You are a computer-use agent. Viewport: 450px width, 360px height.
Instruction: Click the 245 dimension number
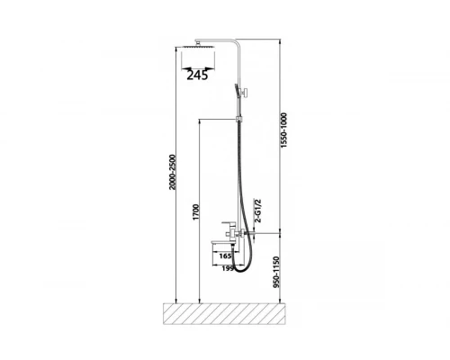click(x=197, y=75)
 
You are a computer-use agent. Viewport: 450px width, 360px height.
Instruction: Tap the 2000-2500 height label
click(x=172, y=172)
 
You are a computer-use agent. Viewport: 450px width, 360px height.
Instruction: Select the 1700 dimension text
click(x=195, y=212)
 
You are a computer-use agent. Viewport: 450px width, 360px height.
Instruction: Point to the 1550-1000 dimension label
click(x=283, y=130)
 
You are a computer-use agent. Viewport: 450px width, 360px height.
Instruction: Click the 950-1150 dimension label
click(x=276, y=272)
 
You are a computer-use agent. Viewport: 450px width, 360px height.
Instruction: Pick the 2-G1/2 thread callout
click(x=257, y=211)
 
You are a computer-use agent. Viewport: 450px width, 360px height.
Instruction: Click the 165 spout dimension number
click(x=225, y=256)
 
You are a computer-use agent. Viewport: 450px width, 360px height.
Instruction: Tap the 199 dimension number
click(x=228, y=268)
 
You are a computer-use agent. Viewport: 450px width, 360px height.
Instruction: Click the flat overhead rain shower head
click(x=198, y=47)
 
